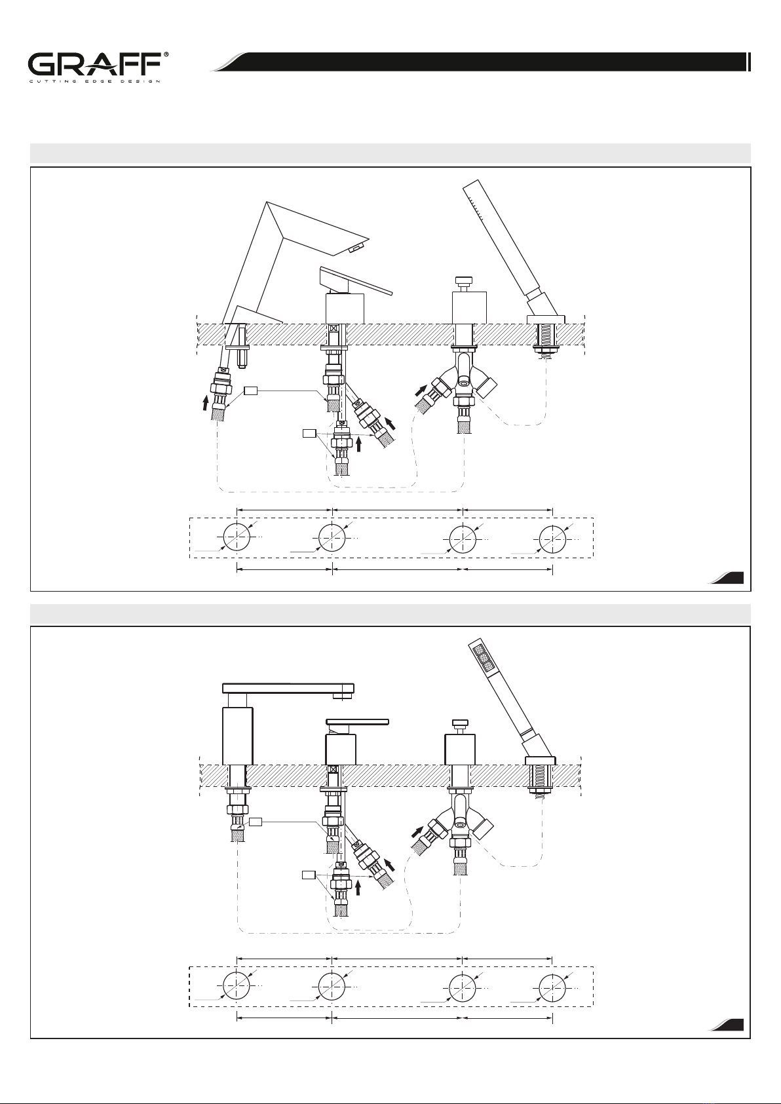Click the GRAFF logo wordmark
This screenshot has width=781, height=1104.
tap(94, 65)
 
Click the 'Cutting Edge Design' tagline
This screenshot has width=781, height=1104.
tap(94, 81)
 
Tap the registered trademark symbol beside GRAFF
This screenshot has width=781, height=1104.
tap(166, 55)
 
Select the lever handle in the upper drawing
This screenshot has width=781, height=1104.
tap(356, 282)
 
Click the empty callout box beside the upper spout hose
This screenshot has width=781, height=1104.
tap(251, 391)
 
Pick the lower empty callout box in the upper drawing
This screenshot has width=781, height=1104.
tap(309, 433)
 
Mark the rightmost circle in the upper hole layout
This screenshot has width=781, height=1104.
tap(552, 539)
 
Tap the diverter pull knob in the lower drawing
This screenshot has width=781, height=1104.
tap(460, 724)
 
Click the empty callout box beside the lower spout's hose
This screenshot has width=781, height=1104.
tap(256, 822)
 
